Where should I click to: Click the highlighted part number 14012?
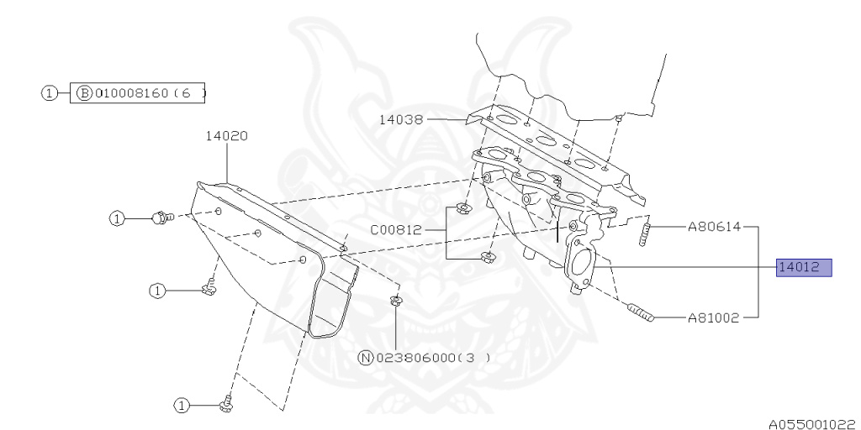pyautogui.click(x=803, y=268)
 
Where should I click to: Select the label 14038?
pyautogui.click(x=401, y=120)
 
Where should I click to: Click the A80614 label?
pyautogui.click(x=713, y=226)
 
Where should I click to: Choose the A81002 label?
pyautogui.click(x=713, y=317)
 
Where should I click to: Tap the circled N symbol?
pyautogui.click(x=365, y=357)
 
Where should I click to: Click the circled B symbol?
pyautogui.click(x=84, y=92)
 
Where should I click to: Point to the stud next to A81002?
pyautogui.click(x=640, y=314)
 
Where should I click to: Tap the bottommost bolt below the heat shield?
pyautogui.click(x=224, y=405)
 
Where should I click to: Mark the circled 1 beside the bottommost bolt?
pyautogui.click(x=181, y=406)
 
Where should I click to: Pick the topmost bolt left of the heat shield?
pyautogui.click(x=160, y=218)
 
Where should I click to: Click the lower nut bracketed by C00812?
pyautogui.click(x=485, y=257)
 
